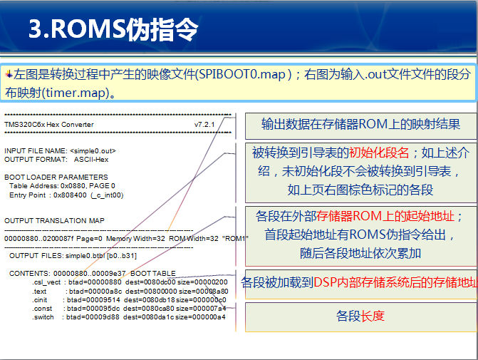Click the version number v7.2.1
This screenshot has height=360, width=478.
click(204, 125)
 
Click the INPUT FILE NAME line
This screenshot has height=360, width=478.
click(60, 150)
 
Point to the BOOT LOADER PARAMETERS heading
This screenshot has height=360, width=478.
click(56, 177)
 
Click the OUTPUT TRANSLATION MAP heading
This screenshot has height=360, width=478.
click(54, 220)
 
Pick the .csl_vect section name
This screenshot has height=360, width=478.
click(47, 282)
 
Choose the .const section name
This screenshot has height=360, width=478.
click(42, 308)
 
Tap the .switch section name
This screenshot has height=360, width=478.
click(43, 317)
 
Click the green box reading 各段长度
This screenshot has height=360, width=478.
click(360, 315)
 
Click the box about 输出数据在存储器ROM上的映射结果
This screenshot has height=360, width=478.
click(360, 125)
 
